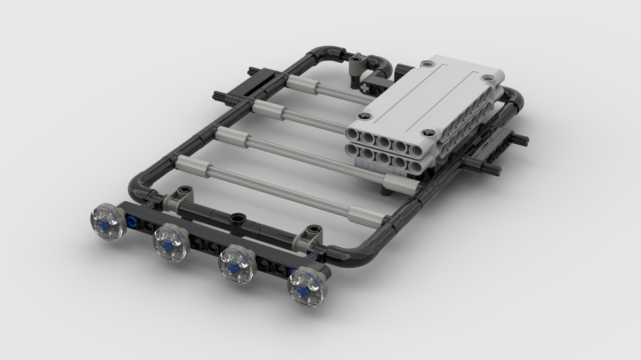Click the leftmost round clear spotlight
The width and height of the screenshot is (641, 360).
click(x=108, y=220)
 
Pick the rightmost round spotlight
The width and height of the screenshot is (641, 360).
click(x=307, y=287)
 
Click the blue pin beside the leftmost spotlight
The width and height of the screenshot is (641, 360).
click(x=132, y=222)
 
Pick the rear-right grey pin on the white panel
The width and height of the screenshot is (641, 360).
click(x=489, y=79)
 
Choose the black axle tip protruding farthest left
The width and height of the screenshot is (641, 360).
click(x=218, y=96)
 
